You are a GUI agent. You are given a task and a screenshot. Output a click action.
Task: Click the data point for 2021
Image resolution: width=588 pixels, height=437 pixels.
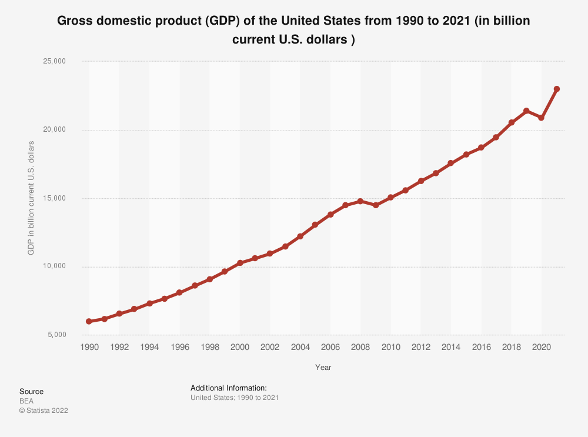[x=557, y=89]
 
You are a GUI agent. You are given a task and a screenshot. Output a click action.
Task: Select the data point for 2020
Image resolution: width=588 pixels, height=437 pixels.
[x=542, y=118]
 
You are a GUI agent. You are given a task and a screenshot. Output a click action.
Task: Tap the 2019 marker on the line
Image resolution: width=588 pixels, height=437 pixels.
[x=526, y=111]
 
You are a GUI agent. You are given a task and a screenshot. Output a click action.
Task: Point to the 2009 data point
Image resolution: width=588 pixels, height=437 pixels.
[x=376, y=205]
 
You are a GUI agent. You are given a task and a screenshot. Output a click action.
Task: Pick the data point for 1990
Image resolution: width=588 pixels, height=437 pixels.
[x=89, y=322]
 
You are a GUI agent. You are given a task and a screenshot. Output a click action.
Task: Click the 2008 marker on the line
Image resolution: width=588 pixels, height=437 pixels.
[x=360, y=201]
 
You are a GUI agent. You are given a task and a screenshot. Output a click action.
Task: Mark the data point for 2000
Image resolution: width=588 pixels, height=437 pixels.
[x=240, y=263]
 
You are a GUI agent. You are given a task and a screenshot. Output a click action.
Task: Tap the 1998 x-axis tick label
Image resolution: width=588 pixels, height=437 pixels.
[x=210, y=348]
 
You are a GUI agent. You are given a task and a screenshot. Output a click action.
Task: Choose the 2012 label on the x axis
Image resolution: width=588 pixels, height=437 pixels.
[x=421, y=348]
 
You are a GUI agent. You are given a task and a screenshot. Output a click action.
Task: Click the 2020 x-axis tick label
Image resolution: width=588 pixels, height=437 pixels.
[x=541, y=348]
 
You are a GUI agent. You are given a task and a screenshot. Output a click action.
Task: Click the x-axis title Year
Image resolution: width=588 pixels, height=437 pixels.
[x=323, y=368]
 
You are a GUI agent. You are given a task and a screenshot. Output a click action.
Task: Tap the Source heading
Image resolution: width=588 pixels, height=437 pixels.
[x=31, y=392]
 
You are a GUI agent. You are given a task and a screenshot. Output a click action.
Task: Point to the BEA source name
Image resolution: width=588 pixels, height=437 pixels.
[x=26, y=401]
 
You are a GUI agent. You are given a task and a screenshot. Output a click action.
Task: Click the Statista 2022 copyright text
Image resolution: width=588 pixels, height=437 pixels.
[x=44, y=411]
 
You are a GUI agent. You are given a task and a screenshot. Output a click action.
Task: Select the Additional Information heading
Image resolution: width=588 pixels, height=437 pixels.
[x=229, y=388]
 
